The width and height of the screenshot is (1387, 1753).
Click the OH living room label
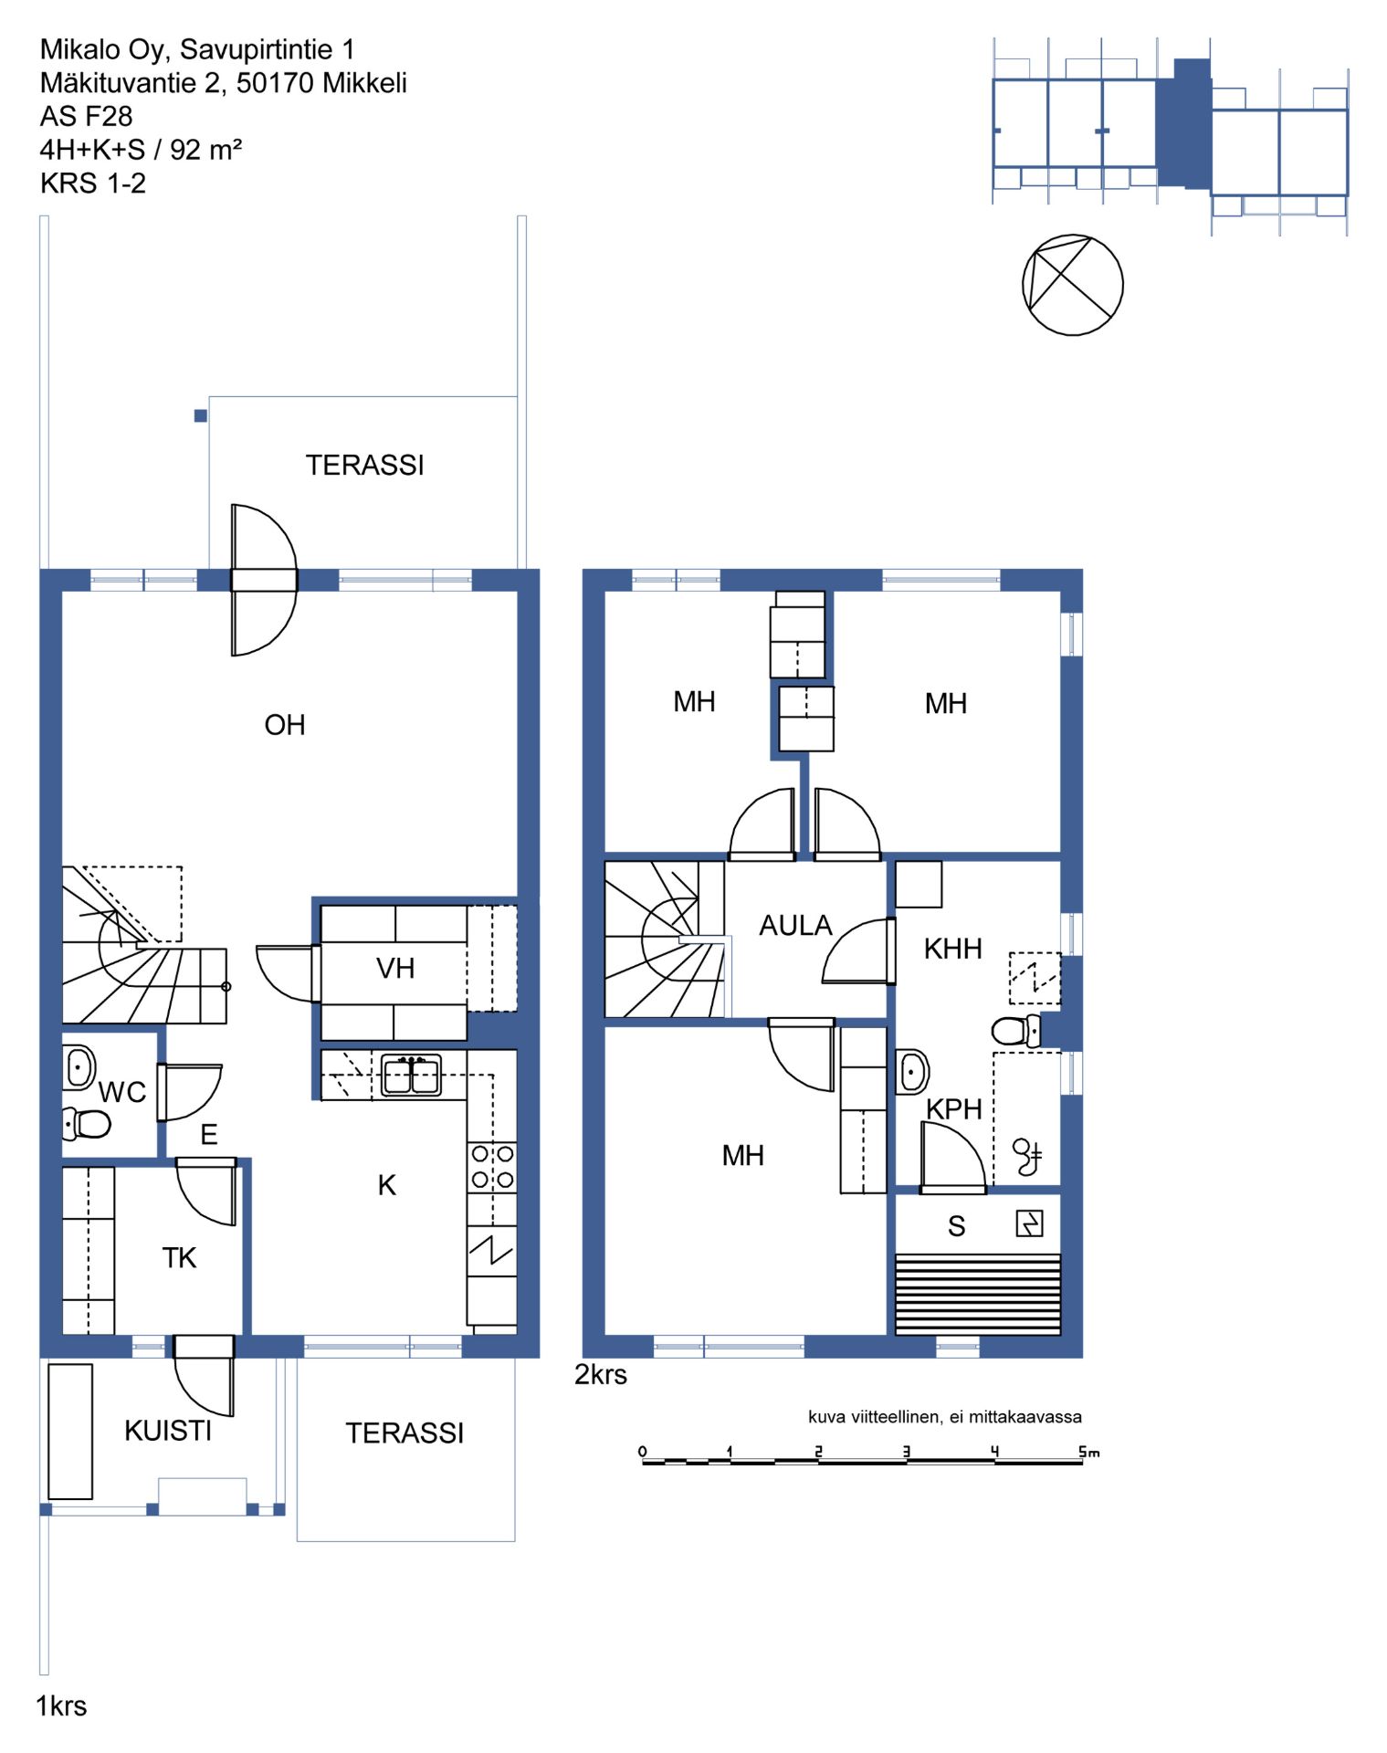pyautogui.click(x=284, y=725)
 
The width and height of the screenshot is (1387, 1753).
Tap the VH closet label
pyautogui.click(x=395, y=968)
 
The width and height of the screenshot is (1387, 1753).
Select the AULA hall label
pyautogui.click(x=795, y=926)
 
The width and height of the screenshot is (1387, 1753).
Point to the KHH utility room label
pyautogui.click(x=952, y=949)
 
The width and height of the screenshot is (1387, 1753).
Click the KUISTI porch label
pyautogui.click(x=168, y=1431)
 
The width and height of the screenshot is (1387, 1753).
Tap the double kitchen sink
pyautogui.click(x=411, y=1075)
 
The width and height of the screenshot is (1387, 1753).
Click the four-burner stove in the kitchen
pyautogui.click(x=492, y=1167)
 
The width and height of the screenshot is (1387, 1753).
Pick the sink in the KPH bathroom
pyautogui.click(x=912, y=1072)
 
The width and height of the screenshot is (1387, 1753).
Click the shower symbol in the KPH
pyautogui.click(x=1027, y=1157)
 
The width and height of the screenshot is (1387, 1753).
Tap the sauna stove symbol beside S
pyautogui.click(x=1029, y=1223)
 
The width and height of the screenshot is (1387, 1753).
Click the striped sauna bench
pyautogui.click(x=977, y=1295)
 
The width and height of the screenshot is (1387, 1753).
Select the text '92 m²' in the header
pyautogui.click(x=205, y=149)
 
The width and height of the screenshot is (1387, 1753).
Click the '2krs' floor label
pyautogui.click(x=601, y=1375)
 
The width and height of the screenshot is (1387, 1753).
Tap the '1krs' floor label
pyautogui.click(x=61, y=1706)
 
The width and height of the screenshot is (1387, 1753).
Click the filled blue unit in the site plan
pyautogui.click(x=1183, y=123)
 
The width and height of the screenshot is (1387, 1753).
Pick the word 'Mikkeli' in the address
pyautogui.click(x=364, y=83)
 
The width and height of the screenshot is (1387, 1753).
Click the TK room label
pyautogui.click(x=179, y=1258)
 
